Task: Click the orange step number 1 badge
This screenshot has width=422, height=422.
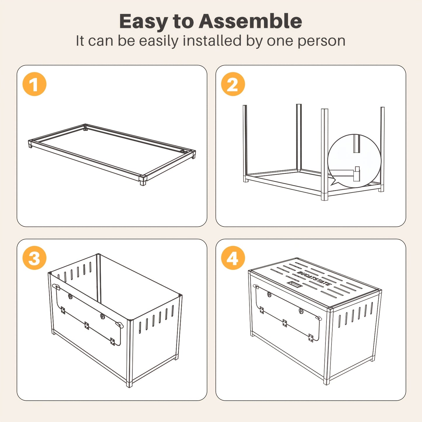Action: point(34,84)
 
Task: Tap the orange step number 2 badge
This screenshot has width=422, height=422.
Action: point(233,84)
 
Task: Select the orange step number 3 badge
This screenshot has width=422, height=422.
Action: point(34,258)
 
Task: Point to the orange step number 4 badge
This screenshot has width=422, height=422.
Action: point(233,258)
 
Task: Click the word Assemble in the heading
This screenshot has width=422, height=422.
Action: point(250,21)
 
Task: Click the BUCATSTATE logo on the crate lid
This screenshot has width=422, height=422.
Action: point(314,278)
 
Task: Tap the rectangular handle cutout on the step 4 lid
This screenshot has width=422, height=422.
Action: point(295,284)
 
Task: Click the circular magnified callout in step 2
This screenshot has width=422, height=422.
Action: point(354,161)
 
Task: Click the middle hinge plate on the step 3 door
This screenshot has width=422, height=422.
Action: point(87,326)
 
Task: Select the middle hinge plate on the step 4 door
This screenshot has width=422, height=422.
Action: point(284,323)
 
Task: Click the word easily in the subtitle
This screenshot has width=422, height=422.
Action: point(159,41)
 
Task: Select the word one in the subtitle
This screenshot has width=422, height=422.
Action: point(280,42)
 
